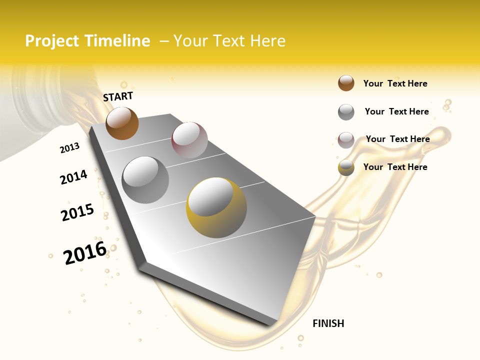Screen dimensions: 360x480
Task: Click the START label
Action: pyautogui.click(x=118, y=96)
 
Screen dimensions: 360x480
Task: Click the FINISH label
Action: pyautogui.click(x=328, y=323)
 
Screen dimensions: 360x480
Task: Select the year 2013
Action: pyautogui.click(x=69, y=148)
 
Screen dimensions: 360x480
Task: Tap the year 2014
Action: pyautogui.click(x=73, y=177)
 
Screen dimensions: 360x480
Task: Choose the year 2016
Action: pyautogui.click(x=85, y=253)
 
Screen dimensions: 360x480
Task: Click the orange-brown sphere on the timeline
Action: pyautogui.click(x=122, y=123)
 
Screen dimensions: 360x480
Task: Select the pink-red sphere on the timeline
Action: pyautogui.click(x=189, y=139)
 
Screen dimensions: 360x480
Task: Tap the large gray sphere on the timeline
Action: pyautogui.click(x=145, y=179)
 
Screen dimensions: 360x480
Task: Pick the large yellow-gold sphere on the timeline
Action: pyautogui.click(x=216, y=207)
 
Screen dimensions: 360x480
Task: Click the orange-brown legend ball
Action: pyautogui.click(x=346, y=83)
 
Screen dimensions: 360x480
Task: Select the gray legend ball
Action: pyautogui.click(x=346, y=112)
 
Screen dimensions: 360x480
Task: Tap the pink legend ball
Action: pyautogui.click(x=346, y=140)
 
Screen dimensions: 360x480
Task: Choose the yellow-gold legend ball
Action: pyautogui.click(x=346, y=168)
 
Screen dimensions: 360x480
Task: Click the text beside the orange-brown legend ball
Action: pyautogui.click(x=395, y=83)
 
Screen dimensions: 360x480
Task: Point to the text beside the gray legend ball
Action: pyautogui.click(x=396, y=111)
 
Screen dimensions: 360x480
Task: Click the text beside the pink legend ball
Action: pyautogui.click(x=397, y=139)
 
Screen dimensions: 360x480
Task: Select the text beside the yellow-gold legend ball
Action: pyautogui.click(x=395, y=167)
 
